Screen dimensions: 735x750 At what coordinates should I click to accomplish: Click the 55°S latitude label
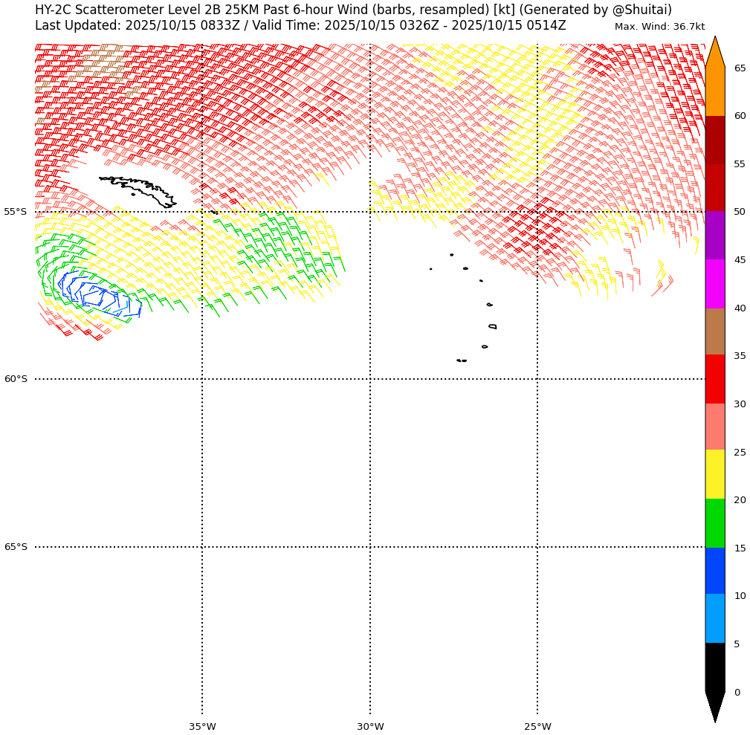(15, 212)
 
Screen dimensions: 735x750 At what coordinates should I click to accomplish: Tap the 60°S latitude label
(15, 379)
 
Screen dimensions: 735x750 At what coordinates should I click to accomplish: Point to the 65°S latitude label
(15, 547)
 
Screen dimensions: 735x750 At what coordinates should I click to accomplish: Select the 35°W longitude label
(202, 726)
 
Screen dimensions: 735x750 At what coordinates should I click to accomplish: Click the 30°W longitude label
(370, 726)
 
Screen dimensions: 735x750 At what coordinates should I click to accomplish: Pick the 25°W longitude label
(537, 726)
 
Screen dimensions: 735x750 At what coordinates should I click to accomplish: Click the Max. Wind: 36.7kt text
(659, 27)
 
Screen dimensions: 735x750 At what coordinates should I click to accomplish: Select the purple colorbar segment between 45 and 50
(714, 235)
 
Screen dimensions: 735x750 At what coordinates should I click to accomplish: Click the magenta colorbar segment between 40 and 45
(714, 284)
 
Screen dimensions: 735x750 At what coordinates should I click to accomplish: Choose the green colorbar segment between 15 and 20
(714, 523)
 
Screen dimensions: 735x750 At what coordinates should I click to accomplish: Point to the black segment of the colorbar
(714, 667)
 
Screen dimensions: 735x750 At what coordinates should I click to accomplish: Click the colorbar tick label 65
(740, 68)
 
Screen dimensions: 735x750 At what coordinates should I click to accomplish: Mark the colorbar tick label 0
(737, 693)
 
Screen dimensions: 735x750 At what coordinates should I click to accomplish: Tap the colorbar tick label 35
(740, 356)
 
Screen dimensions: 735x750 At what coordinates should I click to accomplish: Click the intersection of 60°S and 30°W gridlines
(370, 379)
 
